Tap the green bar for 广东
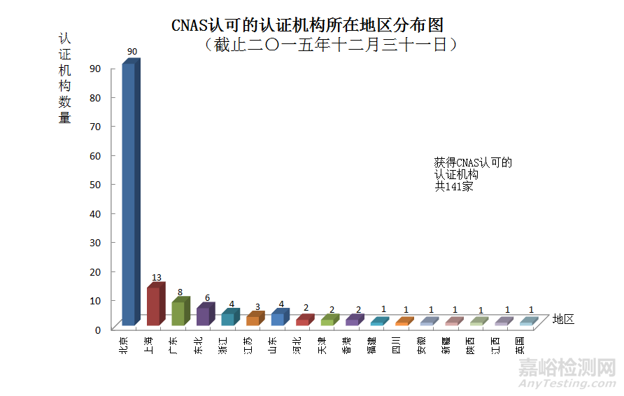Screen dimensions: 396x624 point(178,313)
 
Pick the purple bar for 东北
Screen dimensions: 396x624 point(203,316)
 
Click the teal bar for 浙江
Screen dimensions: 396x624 point(227,319)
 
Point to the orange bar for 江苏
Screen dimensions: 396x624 point(253,320)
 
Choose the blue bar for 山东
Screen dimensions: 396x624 point(277,319)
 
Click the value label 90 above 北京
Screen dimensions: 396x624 point(132,52)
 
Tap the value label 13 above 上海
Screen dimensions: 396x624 point(157,278)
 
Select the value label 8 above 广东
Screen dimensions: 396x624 point(180,292)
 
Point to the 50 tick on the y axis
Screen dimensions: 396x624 point(95,185)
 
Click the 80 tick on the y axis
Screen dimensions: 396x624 point(95,98)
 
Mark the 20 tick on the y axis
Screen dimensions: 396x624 point(95,271)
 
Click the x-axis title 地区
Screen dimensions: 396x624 point(563,319)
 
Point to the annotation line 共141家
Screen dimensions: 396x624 point(454,187)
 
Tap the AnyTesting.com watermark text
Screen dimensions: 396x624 point(567,383)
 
